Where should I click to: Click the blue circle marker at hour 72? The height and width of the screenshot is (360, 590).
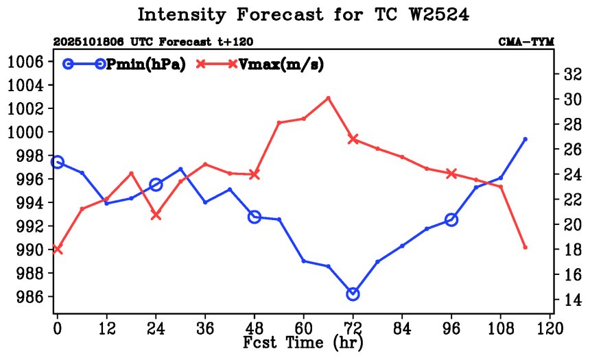(353, 293)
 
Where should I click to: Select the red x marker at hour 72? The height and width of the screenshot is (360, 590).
(353, 139)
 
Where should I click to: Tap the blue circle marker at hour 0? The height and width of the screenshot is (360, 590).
(58, 162)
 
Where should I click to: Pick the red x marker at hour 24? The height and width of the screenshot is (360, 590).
(156, 215)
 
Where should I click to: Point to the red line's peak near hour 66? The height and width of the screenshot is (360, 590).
(328, 97)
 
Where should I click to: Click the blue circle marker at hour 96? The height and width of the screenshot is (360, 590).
(451, 219)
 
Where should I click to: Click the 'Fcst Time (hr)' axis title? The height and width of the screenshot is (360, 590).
(303, 341)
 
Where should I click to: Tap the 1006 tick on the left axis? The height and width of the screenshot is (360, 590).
(25, 62)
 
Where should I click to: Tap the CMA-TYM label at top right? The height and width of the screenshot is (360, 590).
(526, 43)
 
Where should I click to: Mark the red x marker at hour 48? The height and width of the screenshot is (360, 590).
(254, 174)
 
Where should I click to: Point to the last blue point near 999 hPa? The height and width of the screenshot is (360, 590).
(525, 139)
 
